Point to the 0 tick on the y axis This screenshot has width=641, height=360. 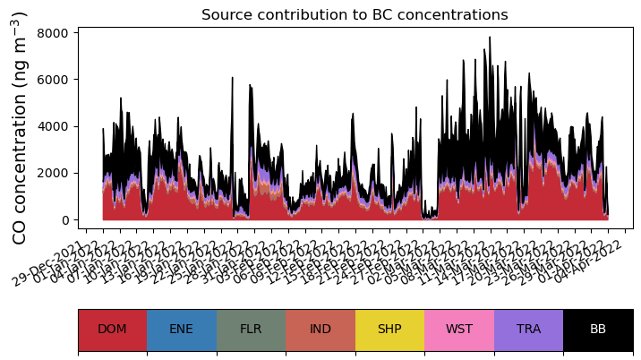65,220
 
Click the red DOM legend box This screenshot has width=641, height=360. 112,329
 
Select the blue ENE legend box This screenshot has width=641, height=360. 181,329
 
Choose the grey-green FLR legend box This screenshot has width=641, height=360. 251,329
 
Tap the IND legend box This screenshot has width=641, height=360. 320,329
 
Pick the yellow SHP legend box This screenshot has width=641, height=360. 389,329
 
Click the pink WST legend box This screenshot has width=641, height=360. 459,329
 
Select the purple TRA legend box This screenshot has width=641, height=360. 528,329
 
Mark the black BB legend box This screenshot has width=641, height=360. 598,329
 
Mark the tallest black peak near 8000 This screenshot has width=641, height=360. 490,39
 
